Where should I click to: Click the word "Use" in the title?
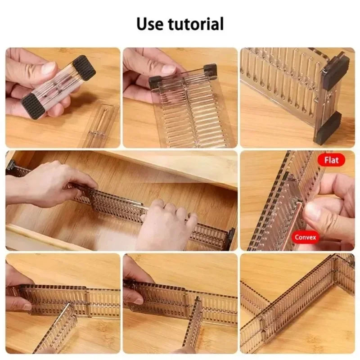[151, 23]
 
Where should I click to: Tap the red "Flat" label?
[331, 160]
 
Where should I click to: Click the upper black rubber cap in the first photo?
[84, 67]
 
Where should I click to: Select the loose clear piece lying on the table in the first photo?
[98, 126]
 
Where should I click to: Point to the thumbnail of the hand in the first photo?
[48, 68]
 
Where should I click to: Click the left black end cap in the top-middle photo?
[155, 82]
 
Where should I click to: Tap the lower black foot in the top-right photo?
[327, 128]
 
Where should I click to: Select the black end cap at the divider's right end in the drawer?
[230, 238]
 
